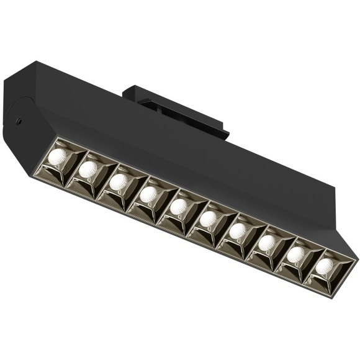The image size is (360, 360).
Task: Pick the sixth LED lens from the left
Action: pos(209,218)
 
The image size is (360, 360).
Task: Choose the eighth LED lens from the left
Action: pos(267,242)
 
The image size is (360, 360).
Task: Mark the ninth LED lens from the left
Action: pos(295,254)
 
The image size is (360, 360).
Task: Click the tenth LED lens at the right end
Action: pos(323,266)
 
